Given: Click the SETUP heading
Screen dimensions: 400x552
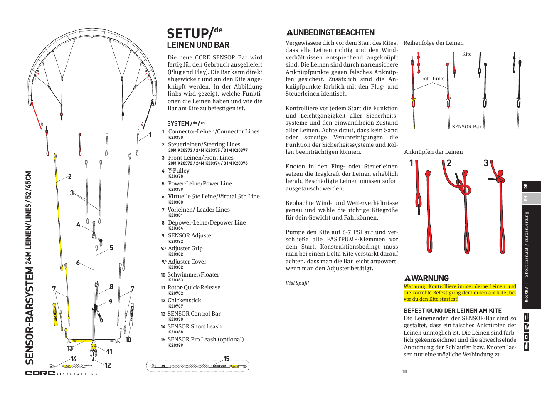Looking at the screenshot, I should [191, 33].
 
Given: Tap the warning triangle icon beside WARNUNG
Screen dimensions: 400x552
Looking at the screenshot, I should [407, 279].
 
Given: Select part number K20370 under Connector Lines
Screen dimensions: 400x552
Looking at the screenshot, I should [175, 137].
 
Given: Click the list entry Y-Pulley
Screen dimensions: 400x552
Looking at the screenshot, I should [178, 170].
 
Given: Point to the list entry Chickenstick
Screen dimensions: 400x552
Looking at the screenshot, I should [184, 300].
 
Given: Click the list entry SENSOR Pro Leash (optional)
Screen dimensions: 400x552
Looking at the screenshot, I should [205, 339].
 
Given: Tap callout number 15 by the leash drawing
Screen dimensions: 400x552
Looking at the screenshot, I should [226, 359].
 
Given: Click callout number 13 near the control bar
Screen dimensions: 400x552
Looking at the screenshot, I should [70, 348].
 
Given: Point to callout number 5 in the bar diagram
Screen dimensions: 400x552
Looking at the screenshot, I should [111, 248].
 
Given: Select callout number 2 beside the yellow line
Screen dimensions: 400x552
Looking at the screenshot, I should [70, 176].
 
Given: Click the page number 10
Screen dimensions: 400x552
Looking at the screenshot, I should [404, 371].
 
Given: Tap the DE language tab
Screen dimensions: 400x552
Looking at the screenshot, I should [525, 186].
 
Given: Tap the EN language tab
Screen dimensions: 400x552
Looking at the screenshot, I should [525, 198].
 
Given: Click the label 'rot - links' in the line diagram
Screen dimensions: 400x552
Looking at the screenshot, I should [433, 79].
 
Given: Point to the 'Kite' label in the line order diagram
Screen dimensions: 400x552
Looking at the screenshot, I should [467, 54].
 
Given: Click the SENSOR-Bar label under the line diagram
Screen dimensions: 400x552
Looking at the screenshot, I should [466, 127].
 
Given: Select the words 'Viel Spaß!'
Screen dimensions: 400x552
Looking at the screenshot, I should [297, 283].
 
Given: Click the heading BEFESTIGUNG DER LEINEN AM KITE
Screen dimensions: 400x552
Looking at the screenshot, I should [453, 311].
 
